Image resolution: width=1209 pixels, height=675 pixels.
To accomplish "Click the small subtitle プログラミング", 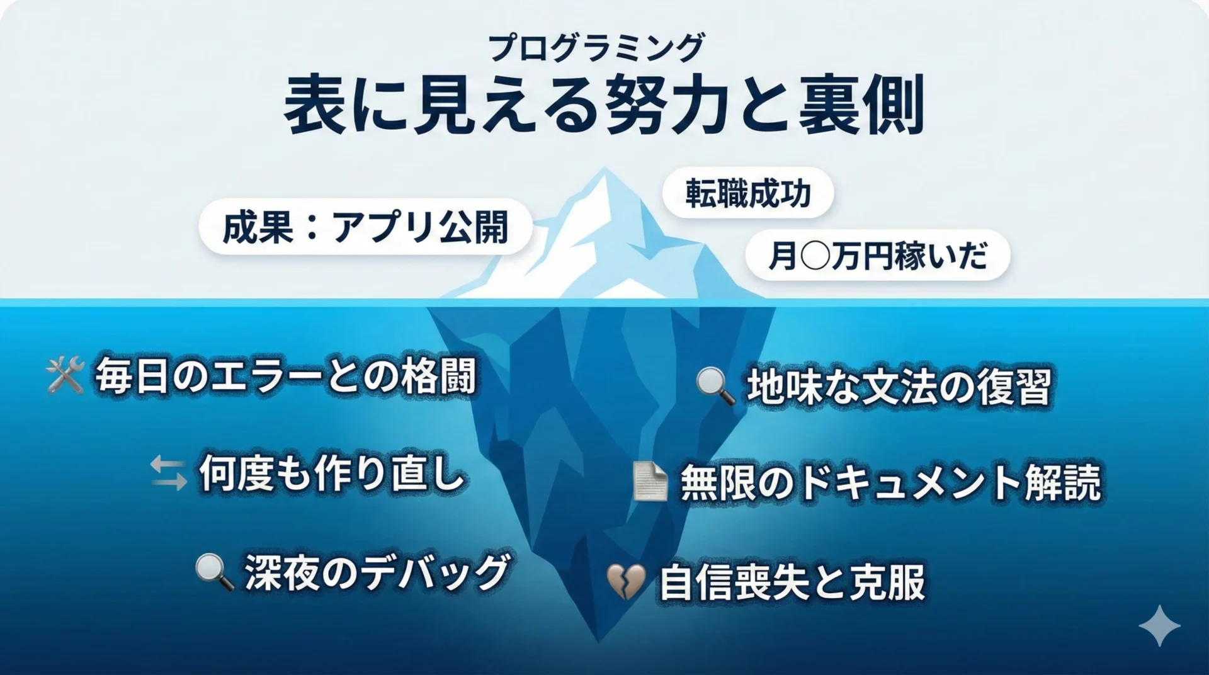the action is (x=596, y=48).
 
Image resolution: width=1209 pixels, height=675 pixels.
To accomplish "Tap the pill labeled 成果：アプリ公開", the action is (x=365, y=227).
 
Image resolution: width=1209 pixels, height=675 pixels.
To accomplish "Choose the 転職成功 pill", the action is (x=748, y=193).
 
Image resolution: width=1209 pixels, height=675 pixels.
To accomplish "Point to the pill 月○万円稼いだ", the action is (x=878, y=256).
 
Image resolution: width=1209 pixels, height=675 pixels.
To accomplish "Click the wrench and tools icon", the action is (x=65, y=375).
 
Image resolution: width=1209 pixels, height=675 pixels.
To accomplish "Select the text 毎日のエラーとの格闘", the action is (x=285, y=377).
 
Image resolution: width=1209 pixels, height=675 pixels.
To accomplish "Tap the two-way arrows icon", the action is (x=169, y=474).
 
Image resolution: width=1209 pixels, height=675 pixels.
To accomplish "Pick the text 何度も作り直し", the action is (x=332, y=473).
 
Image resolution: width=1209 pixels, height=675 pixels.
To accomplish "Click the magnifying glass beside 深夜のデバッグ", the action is (x=215, y=572).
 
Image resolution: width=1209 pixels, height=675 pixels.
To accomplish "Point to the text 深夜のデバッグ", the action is (x=377, y=572).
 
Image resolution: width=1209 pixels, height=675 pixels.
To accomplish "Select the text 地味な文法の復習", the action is (x=899, y=387).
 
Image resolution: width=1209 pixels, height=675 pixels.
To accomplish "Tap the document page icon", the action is (x=650, y=482).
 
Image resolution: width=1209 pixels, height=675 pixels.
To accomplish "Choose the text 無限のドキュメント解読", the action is (x=891, y=483).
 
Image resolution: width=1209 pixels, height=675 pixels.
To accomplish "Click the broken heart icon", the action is (x=626, y=581).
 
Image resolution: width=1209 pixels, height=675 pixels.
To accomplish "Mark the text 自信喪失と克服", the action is (x=792, y=582).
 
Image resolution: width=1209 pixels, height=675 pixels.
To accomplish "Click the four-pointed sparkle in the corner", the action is (x=1160, y=626).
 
